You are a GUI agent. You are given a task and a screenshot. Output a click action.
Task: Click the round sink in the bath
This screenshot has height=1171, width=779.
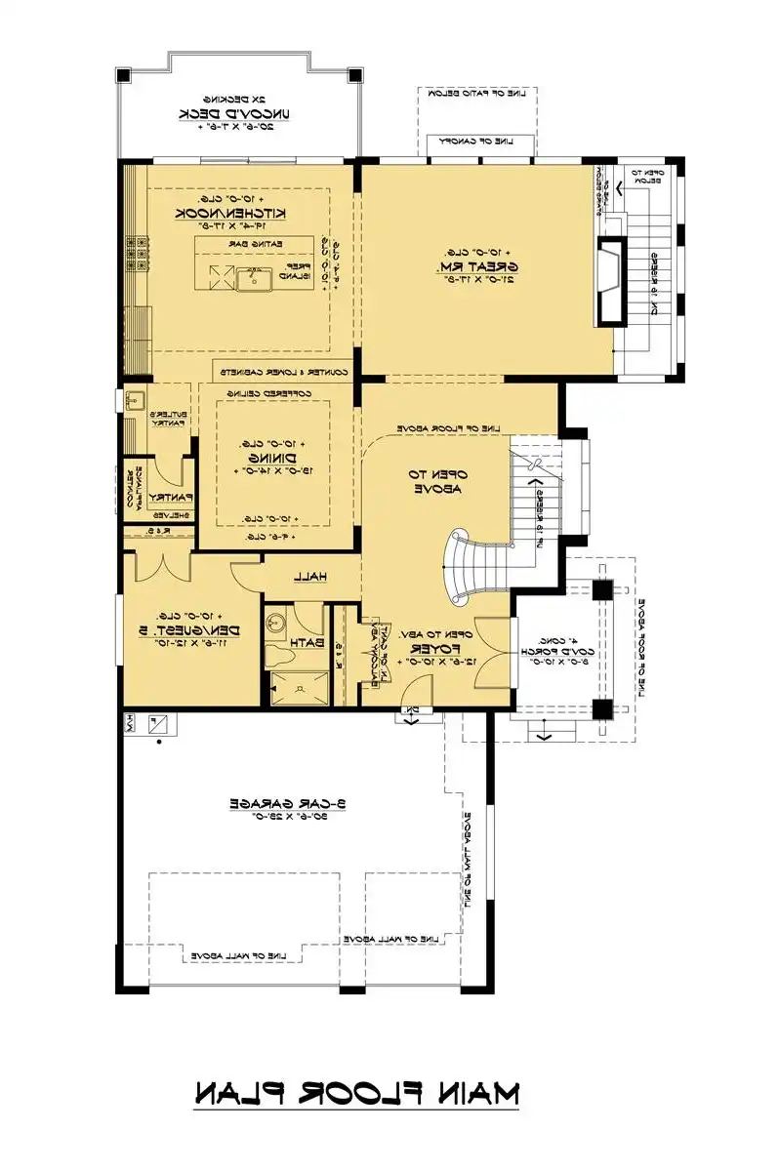(276, 621)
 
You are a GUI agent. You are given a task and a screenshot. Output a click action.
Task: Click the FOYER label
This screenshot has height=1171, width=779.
(430, 649)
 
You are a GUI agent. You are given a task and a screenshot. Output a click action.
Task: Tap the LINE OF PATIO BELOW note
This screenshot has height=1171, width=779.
(479, 93)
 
